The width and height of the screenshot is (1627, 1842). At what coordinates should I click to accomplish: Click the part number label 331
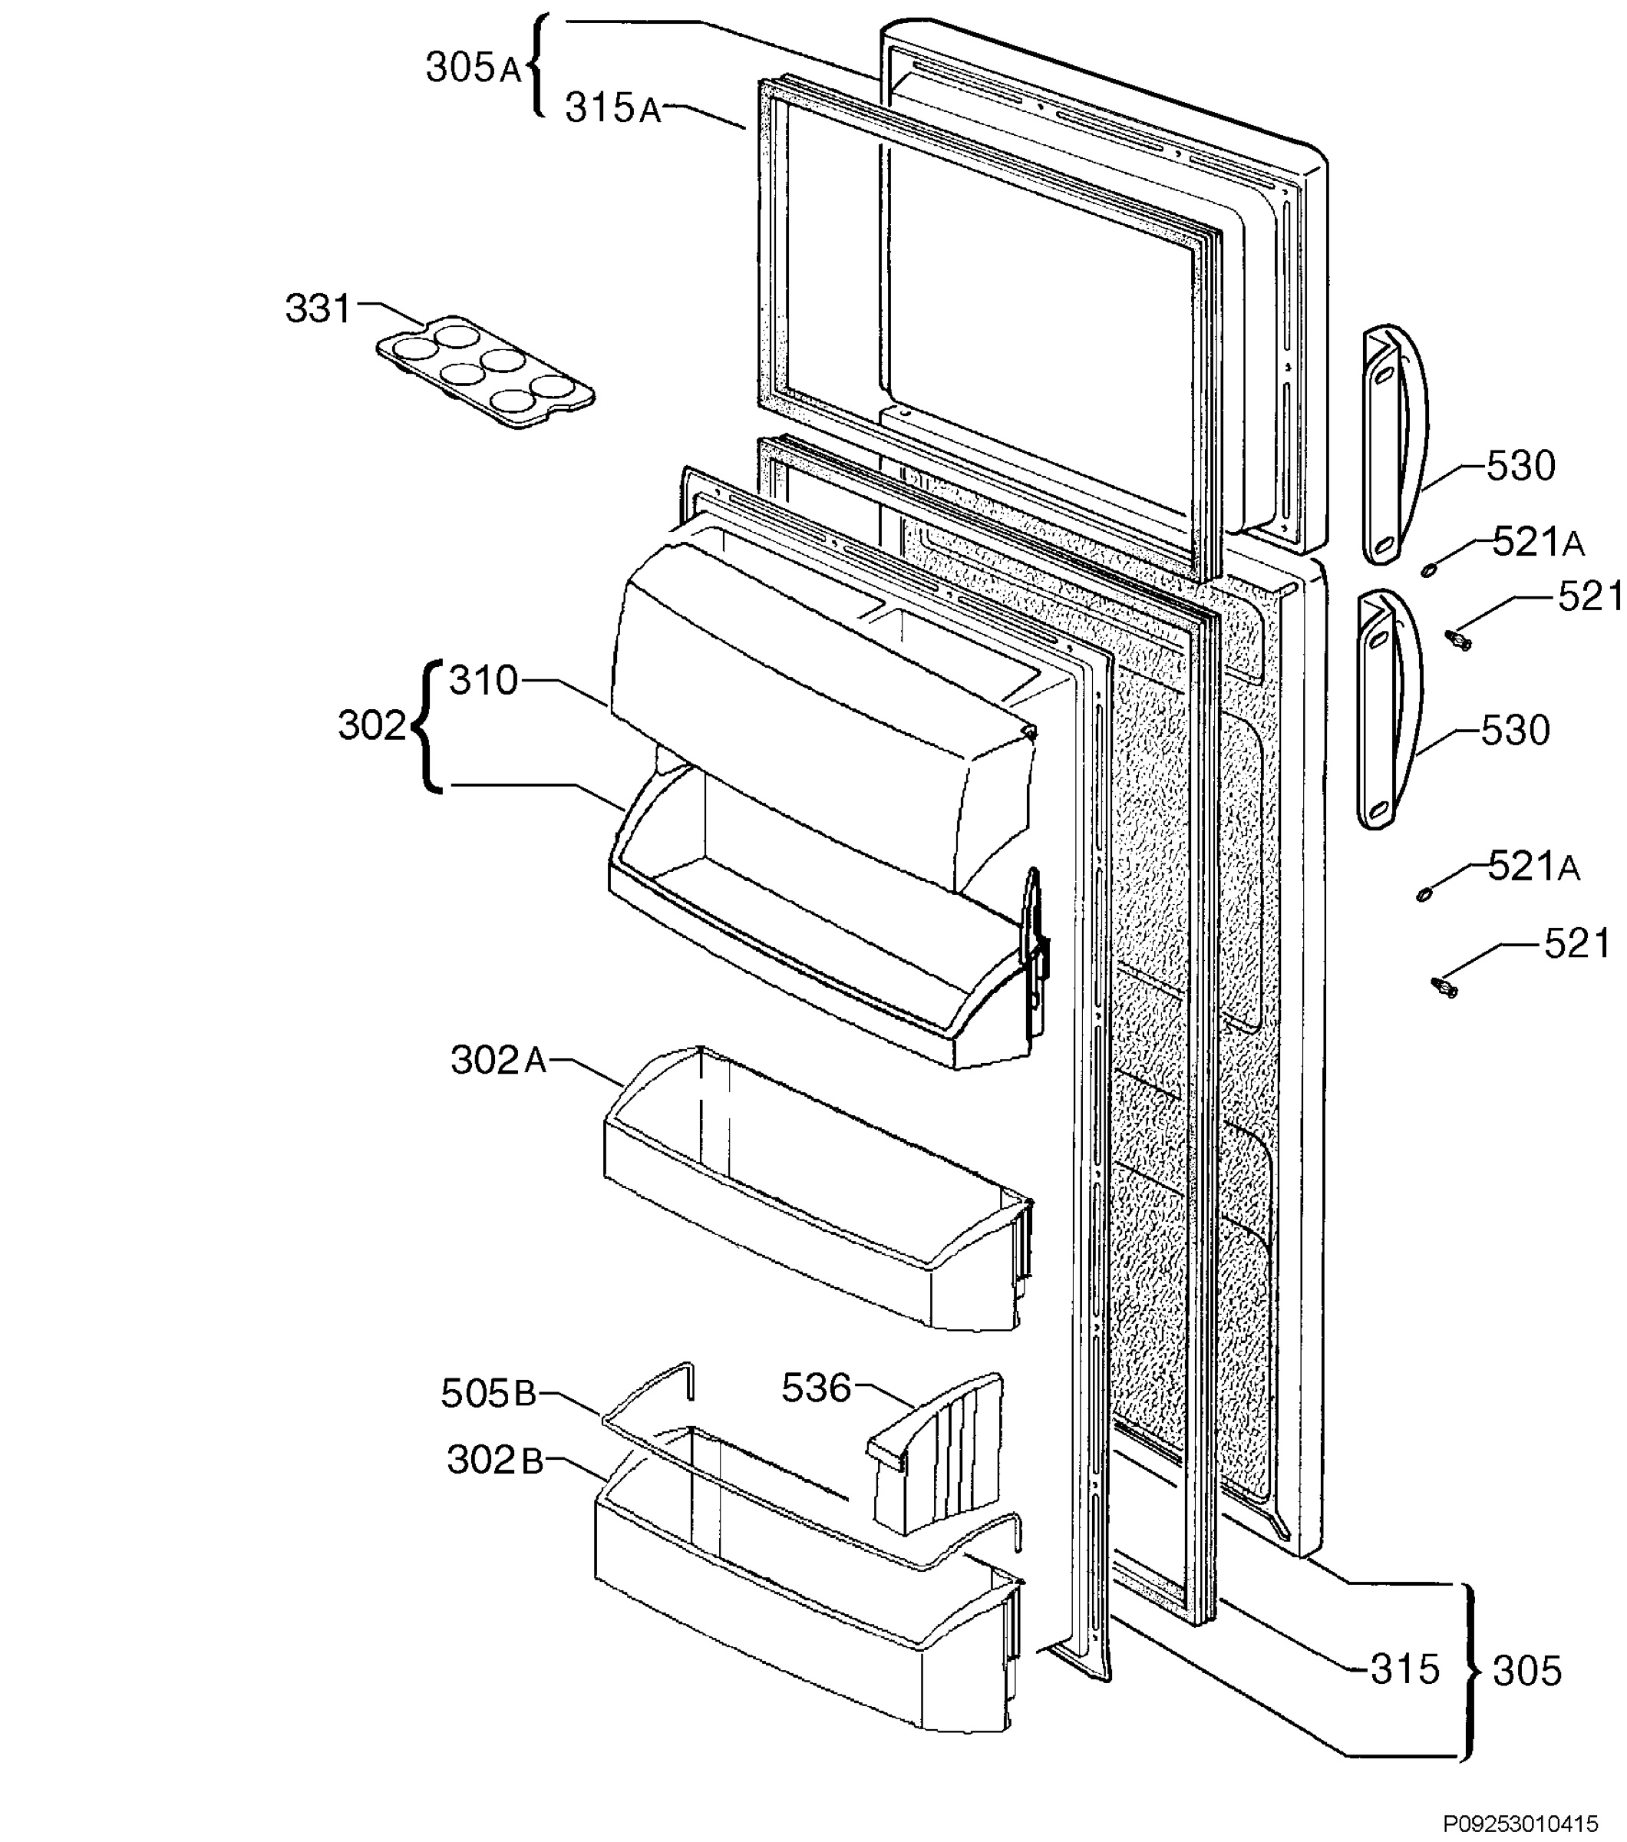coord(317,309)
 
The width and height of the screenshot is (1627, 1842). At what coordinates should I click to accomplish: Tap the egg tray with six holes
coord(486,371)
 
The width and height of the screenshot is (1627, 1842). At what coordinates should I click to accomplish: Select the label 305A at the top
coord(474,68)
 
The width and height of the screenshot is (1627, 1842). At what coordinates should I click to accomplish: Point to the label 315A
coord(613,108)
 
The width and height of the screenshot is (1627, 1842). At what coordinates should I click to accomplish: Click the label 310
coord(483,680)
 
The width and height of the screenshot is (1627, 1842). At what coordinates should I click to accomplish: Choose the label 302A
coord(499,1061)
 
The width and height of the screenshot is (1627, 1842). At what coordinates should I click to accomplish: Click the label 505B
coord(488,1394)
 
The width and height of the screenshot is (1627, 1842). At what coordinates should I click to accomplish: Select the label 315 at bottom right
coord(1405,1670)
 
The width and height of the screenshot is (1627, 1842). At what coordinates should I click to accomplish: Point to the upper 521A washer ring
coord(1429,569)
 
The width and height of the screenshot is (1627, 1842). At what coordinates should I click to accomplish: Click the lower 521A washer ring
coord(1424,894)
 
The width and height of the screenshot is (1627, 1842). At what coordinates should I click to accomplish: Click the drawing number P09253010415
coord(1520,1824)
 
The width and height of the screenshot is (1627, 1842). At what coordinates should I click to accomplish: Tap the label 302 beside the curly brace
coord(372,725)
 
